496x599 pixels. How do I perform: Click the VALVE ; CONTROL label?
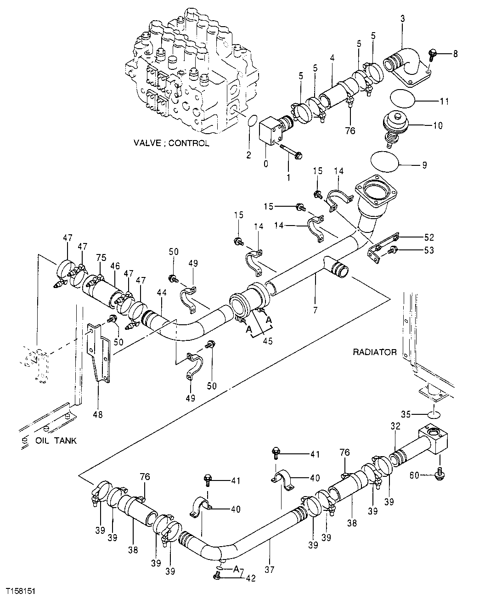click(x=171, y=143)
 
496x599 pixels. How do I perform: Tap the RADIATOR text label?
click(x=374, y=352)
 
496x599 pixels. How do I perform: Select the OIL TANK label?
click(x=56, y=441)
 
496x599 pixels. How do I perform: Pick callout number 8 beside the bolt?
click(x=455, y=54)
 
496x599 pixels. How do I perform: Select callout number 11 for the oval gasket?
click(x=444, y=101)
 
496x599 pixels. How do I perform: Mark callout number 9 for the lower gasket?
click(x=424, y=164)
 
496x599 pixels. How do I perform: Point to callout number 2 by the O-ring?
click(x=248, y=155)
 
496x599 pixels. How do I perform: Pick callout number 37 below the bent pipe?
click(x=269, y=570)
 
